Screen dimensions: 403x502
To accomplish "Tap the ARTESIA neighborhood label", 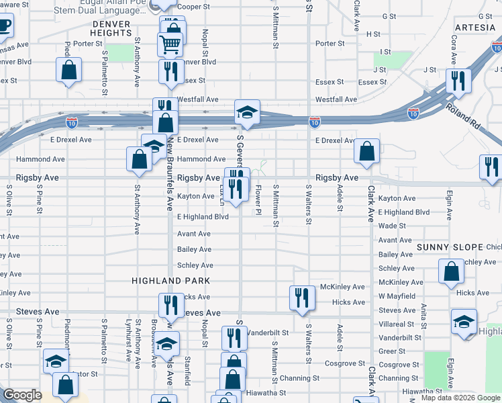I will click(x=474, y=28).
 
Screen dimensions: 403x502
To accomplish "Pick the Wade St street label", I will click(x=391, y=226).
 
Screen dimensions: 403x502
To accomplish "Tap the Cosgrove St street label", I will click(x=399, y=364).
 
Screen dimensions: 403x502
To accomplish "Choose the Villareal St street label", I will click(x=400, y=324).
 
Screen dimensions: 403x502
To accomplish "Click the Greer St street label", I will click(x=392, y=351).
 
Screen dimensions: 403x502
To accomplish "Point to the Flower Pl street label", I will click(x=258, y=201).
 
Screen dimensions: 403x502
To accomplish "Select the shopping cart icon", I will click(x=170, y=44).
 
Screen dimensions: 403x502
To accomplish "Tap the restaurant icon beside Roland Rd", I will click(x=458, y=81).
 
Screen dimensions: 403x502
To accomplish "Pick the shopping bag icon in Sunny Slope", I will click(x=452, y=271).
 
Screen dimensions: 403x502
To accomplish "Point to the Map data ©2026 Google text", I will click(x=460, y=398).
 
